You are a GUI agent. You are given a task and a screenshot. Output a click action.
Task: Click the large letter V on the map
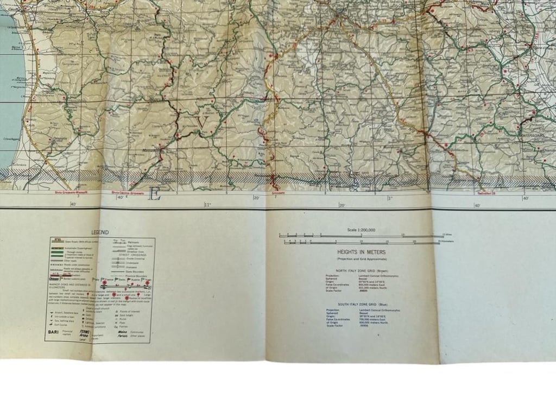(202, 123)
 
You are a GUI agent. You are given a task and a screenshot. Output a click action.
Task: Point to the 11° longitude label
(206, 205)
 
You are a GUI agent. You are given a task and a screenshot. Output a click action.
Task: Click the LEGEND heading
(100, 232)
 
